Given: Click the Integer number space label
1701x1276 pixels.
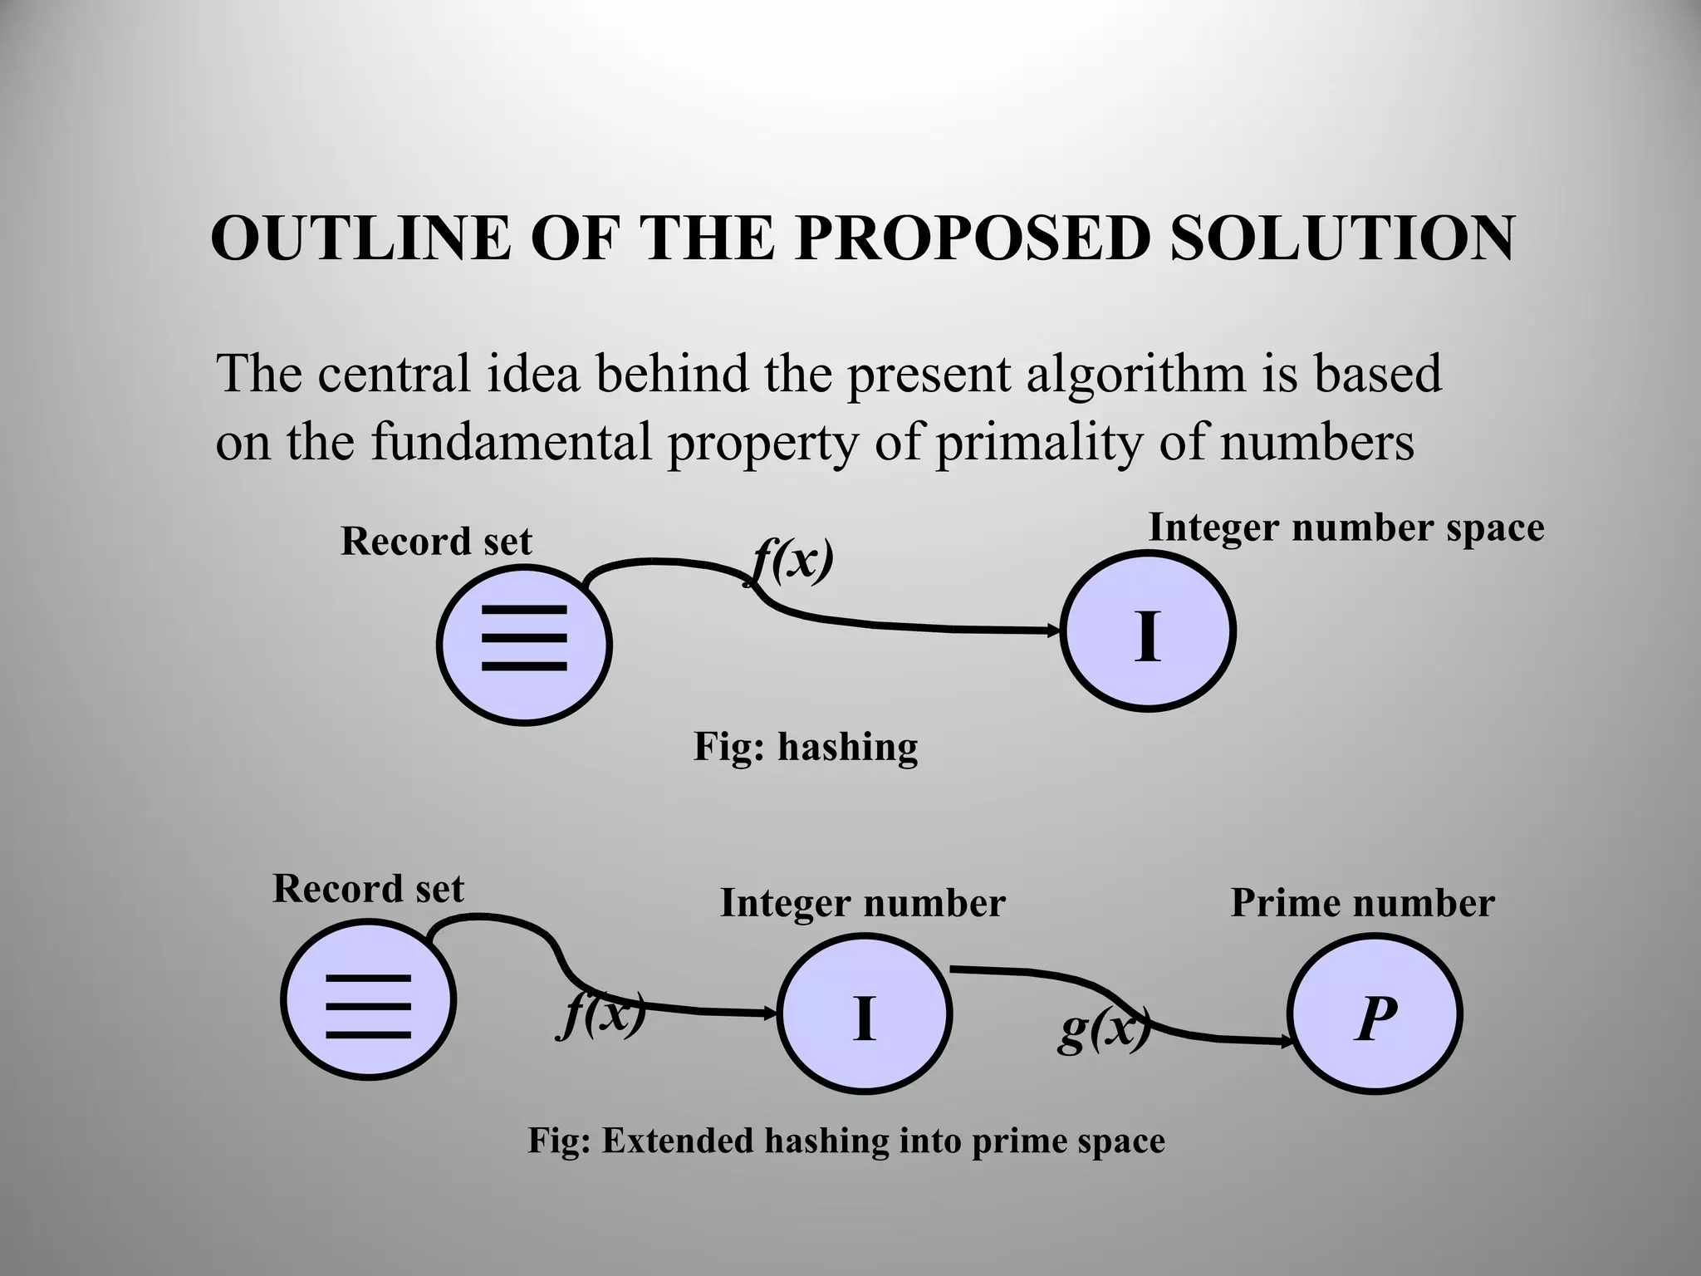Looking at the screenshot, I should [1346, 528].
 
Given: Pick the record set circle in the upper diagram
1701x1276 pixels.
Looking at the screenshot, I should [524, 645].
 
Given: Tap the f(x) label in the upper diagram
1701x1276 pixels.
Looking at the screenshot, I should [792, 562].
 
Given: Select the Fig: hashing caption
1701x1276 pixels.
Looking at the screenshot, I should [806, 747].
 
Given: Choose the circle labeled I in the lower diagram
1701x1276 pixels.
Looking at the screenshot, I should [864, 1015].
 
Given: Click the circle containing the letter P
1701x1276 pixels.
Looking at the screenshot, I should [1375, 1015].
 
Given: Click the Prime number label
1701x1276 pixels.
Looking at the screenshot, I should [1362, 904].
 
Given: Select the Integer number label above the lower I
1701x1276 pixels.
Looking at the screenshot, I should [862, 904].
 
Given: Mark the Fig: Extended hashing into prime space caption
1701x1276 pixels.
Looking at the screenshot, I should [846, 1141].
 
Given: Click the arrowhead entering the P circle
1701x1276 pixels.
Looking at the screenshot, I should [1288, 1039].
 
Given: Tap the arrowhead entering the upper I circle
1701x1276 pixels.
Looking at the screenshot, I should [1056, 631].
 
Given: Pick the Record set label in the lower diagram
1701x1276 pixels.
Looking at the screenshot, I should [368, 889].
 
